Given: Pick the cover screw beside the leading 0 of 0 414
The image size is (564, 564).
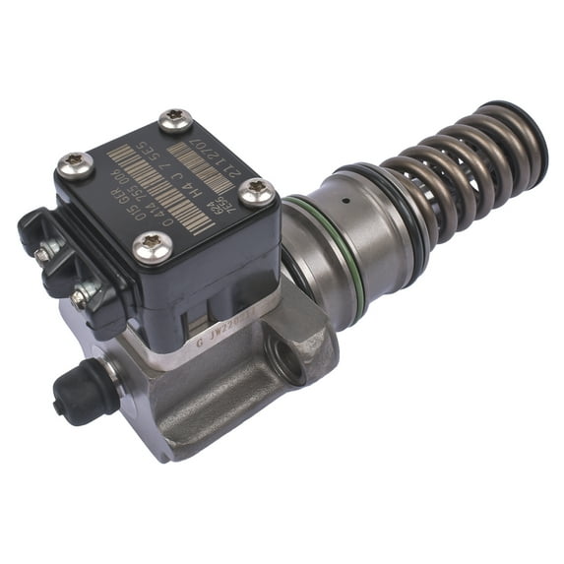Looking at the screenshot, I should click(x=152, y=245).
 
